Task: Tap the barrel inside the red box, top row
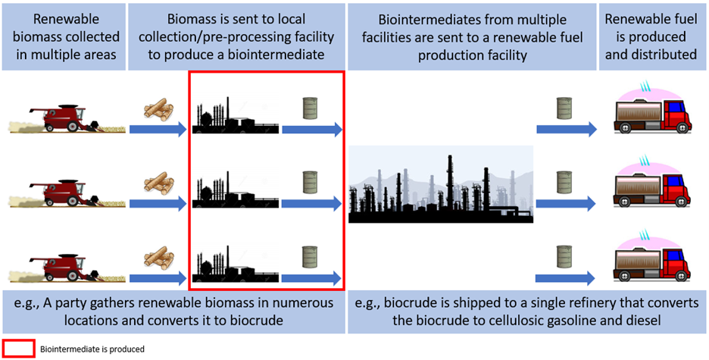(x=310, y=108)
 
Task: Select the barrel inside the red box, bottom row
(x=310, y=255)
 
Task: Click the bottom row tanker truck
(x=654, y=261)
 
